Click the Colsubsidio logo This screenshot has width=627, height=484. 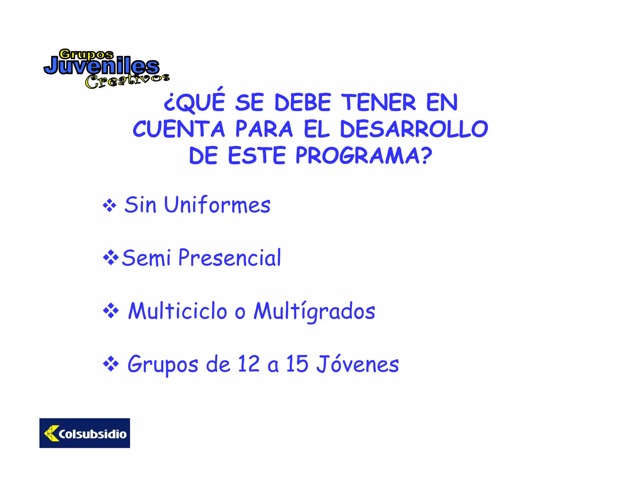84,433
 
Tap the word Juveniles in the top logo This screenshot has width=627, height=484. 101,66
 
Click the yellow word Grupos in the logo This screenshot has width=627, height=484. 86,54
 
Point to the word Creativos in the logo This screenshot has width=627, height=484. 127,81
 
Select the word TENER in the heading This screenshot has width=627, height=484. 378,102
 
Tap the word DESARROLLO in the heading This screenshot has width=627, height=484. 414,129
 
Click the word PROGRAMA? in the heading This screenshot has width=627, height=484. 364,155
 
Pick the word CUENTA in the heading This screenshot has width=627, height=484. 179,129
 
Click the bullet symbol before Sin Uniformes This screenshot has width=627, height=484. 109,206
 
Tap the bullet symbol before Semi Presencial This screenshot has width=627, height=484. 111,258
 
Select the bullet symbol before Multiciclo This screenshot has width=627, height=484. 111,311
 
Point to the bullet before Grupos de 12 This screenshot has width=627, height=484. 111,364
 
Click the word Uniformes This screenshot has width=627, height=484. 217,205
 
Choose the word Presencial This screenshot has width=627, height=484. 230,258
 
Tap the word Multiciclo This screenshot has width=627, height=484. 178,311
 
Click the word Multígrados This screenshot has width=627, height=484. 314,311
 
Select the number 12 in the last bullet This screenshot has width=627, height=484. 249,364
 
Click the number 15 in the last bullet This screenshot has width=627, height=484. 297,364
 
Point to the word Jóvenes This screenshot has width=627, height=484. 358,364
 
